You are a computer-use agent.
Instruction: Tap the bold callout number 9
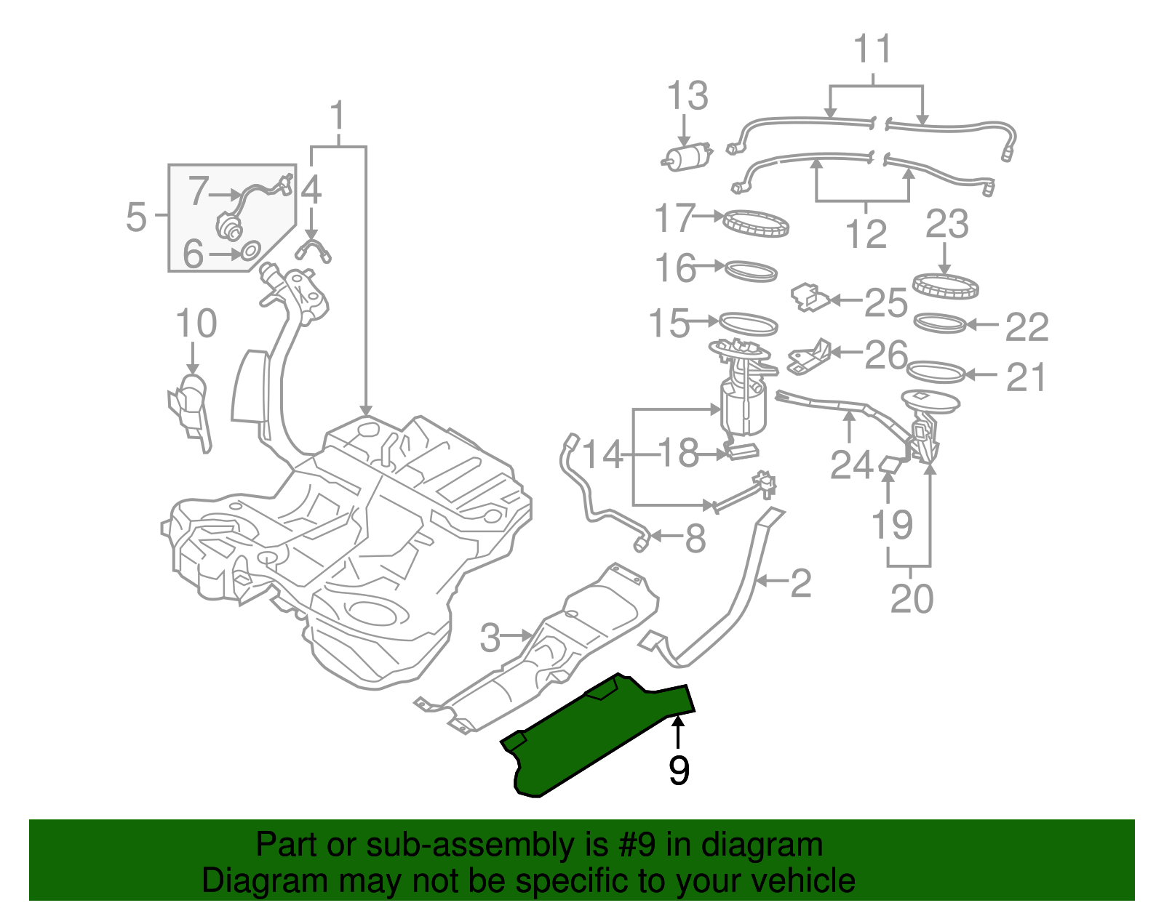(x=678, y=771)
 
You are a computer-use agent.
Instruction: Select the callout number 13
(x=687, y=97)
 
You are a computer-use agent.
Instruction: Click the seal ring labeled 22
(x=940, y=323)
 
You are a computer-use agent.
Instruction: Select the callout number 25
(x=885, y=302)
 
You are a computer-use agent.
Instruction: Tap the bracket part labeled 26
(x=809, y=357)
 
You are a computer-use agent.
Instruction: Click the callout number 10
(x=196, y=324)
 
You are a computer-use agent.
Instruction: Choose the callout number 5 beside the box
(x=136, y=217)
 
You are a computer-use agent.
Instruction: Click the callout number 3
(x=490, y=638)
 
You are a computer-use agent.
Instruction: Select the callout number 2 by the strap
(x=800, y=583)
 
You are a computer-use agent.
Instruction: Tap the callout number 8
(x=695, y=539)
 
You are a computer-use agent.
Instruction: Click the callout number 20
(x=911, y=599)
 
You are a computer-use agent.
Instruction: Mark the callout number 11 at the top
(x=872, y=49)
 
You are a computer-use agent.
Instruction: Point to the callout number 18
(x=678, y=454)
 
